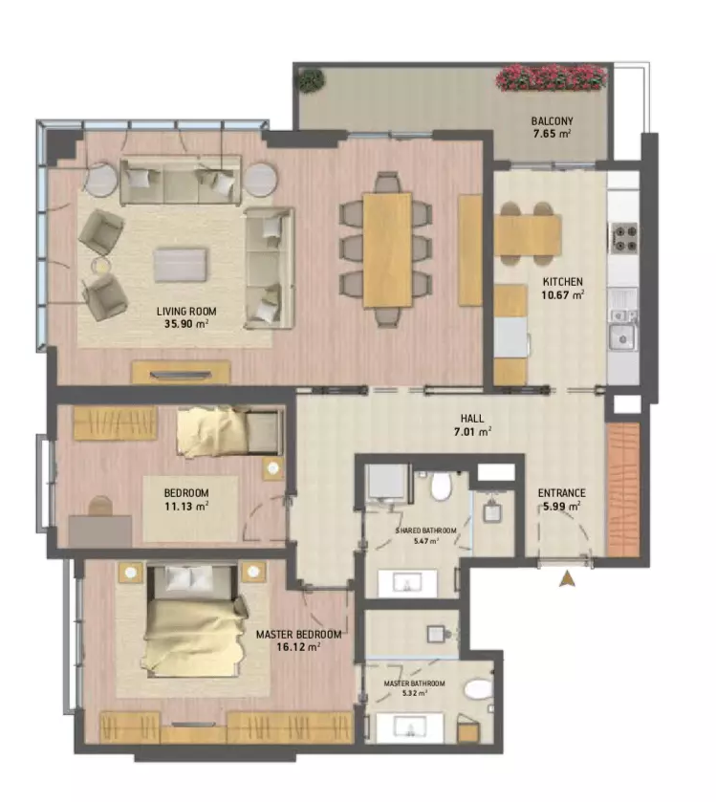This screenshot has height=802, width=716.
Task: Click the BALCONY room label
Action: (552, 121)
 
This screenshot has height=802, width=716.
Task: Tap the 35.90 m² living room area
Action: (186, 323)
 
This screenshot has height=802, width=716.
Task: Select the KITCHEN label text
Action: (562, 282)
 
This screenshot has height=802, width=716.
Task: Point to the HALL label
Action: (472, 419)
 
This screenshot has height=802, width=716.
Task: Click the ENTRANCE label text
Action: (561, 493)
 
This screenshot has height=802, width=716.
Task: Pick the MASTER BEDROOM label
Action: (298, 635)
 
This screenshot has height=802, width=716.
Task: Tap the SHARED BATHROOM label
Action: (426, 531)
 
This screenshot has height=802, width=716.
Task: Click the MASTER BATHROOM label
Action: (414, 683)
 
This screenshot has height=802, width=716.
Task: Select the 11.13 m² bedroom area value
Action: (186, 507)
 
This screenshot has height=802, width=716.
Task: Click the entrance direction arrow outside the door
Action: (567, 579)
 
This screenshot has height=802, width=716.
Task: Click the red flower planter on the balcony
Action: (551, 77)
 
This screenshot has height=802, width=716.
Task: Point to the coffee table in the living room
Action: (181, 265)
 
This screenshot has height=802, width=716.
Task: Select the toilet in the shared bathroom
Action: (441, 486)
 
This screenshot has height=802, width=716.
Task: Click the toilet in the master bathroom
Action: (479, 688)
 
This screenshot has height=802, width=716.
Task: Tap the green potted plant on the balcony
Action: (312, 81)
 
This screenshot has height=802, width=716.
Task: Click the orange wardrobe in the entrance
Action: (623, 489)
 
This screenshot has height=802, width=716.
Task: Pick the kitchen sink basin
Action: (622, 337)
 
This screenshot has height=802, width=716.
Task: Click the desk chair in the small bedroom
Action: (100, 506)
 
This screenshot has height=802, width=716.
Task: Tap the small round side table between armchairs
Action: (101, 266)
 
